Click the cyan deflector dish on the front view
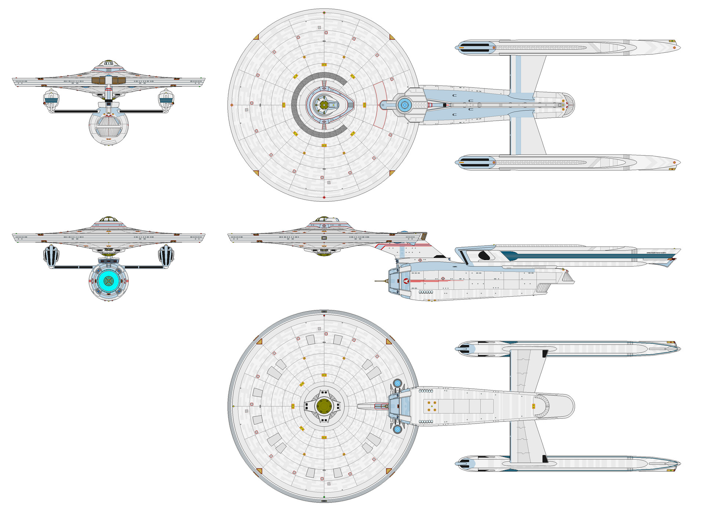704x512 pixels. [x=109, y=281]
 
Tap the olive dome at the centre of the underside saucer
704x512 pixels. [x=324, y=406]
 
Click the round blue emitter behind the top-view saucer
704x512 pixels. [x=404, y=105]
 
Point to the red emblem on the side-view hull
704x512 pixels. [x=406, y=281]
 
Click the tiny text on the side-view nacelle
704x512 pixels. [x=656, y=253]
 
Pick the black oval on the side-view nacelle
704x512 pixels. [x=484, y=255]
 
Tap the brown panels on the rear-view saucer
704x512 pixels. [x=109, y=80]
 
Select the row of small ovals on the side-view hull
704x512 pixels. [x=426, y=292]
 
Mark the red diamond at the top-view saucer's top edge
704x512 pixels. [x=324, y=13]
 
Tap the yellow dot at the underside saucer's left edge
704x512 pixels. [x=234, y=406]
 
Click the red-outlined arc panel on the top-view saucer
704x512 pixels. [x=380, y=105]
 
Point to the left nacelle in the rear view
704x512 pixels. [x=51, y=100]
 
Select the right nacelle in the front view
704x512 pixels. [x=166, y=255]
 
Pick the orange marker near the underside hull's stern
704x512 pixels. [x=533, y=406]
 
